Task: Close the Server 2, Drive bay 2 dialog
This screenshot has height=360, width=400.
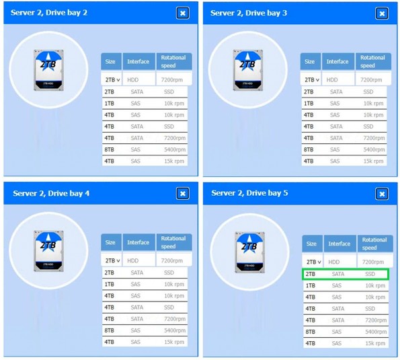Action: [183, 13]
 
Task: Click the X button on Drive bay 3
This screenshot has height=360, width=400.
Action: [382, 13]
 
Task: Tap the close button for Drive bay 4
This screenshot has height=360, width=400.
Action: [183, 194]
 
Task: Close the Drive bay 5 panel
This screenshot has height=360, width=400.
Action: [382, 194]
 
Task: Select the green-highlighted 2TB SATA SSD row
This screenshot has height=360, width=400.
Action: [345, 274]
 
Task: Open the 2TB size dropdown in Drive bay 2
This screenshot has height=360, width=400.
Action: [112, 80]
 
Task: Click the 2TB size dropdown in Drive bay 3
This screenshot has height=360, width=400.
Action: [311, 80]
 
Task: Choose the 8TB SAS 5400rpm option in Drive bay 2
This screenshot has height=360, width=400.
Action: [145, 149]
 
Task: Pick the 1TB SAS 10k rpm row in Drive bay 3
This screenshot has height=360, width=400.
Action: [344, 104]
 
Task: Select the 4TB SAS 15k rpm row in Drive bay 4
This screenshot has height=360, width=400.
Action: [145, 342]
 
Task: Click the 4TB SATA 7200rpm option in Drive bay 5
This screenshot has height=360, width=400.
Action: [346, 320]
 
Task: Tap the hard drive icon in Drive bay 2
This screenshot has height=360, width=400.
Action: [48, 70]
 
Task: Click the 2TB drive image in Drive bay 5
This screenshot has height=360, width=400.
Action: [249, 252]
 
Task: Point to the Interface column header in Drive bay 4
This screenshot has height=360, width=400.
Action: [138, 242]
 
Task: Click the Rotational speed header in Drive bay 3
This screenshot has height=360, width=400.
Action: [373, 61]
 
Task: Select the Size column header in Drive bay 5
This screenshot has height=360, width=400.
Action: [311, 244]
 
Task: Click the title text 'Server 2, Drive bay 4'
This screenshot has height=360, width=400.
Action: [51, 193]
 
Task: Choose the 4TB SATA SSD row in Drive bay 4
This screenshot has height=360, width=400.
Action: [145, 308]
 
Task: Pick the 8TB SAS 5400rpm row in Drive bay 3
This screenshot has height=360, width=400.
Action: [344, 149]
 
